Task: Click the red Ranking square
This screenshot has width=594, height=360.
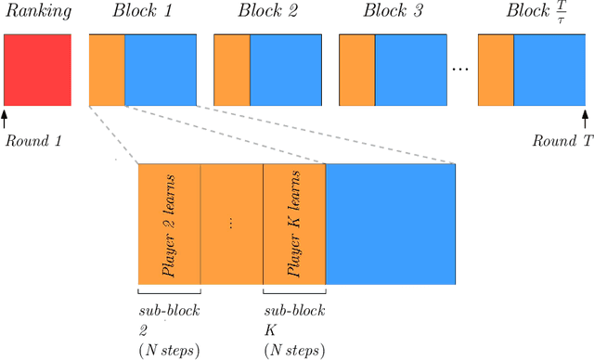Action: [37, 70]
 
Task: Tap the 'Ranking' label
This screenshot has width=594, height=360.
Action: [36, 14]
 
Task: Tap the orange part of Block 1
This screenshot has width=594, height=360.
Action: [107, 70]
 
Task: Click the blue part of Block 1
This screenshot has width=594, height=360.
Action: [161, 70]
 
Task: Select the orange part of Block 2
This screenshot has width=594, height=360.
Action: [232, 70]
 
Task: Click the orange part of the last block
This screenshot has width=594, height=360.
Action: [496, 70]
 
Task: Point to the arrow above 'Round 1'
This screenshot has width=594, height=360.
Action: [5, 118]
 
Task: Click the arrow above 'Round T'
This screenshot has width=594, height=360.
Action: [585, 118]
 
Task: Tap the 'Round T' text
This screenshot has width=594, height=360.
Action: [556, 142]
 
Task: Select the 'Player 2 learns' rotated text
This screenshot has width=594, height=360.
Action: [170, 225]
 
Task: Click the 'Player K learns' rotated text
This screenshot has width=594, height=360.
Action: [294, 225]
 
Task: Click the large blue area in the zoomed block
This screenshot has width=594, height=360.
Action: [391, 225]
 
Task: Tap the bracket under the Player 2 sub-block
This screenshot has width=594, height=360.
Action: [169, 292]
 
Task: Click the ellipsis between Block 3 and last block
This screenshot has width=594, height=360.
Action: [459, 71]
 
